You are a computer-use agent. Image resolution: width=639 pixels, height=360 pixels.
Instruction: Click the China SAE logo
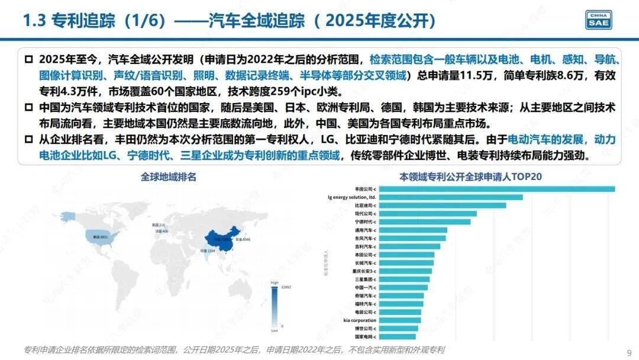point(599,20)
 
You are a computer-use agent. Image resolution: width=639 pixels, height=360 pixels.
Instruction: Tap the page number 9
point(628,351)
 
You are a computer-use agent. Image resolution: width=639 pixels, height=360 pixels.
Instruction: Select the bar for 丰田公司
point(496,189)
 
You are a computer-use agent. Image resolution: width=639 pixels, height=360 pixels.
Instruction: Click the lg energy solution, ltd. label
point(351,197)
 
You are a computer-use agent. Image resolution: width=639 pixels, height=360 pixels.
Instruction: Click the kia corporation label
point(360,320)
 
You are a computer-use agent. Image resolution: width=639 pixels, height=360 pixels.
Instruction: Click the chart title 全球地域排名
point(169,176)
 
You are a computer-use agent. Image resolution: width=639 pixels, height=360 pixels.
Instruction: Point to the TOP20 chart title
point(471,176)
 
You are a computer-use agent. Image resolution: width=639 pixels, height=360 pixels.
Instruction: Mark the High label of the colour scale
point(275,283)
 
